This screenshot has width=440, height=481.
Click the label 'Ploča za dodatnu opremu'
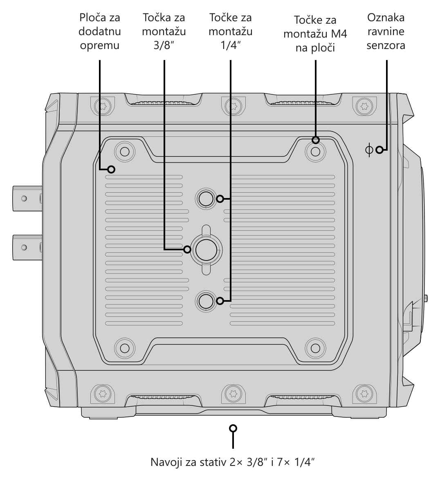[99, 31]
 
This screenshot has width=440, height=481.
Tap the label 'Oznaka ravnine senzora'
[386, 31]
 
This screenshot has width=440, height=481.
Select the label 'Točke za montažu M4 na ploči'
[315, 34]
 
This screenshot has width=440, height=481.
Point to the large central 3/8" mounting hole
[206, 250]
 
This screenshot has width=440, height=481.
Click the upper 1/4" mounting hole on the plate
[206, 199]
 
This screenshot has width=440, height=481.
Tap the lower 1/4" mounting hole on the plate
[206, 301]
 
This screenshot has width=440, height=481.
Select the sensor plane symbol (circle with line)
[369, 150]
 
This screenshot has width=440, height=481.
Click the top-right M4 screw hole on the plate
[316, 151]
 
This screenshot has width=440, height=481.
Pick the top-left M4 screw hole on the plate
[124, 151]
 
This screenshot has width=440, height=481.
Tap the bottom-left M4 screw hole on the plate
[124, 348]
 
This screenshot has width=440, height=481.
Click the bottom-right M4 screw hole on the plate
[316, 348]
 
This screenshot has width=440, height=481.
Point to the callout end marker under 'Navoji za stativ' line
[233, 428]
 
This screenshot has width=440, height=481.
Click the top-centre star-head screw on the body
[233, 106]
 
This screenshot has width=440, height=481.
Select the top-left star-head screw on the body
[103, 106]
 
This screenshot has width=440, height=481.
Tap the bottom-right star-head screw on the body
[364, 393]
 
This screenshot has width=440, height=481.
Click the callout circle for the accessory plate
[111, 169]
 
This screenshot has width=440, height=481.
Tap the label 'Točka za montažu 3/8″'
[164, 31]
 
